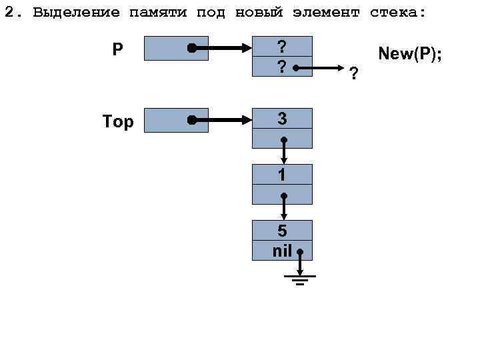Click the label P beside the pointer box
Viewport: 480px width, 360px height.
(117, 49)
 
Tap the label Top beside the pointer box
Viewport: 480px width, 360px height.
(118, 121)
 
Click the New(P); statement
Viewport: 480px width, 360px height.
(410, 53)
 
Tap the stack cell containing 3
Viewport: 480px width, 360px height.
(282, 119)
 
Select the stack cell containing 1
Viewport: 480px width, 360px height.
(282, 175)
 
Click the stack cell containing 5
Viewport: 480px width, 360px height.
(282, 231)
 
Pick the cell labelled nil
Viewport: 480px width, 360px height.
(282, 251)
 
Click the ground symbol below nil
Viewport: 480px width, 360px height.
(301, 279)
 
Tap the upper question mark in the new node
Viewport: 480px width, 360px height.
(282, 46)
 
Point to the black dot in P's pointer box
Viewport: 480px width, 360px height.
(191, 49)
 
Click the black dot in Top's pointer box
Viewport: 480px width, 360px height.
(191, 121)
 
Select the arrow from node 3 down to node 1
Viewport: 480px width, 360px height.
(284, 151)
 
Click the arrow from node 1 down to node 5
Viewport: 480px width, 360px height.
(284, 207)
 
